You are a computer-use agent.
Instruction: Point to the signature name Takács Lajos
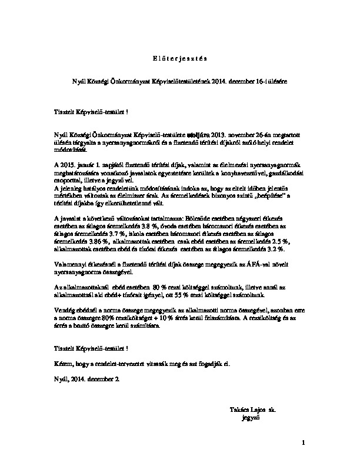click(x=245, y=408)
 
